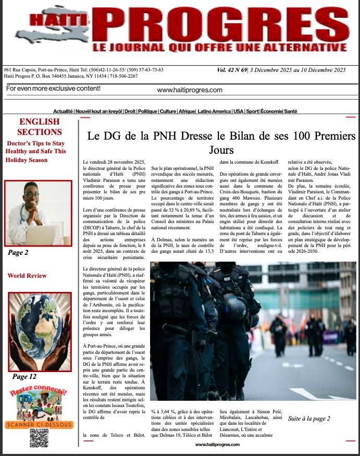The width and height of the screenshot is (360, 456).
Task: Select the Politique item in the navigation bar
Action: [x=147, y=112]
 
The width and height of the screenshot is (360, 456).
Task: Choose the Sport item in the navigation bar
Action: [x=252, y=112]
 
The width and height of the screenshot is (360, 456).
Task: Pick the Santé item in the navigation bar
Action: [x=291, y=112]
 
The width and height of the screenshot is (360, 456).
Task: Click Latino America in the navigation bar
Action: [x=214, y=112]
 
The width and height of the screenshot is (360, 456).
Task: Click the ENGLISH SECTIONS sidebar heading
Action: [x=40, y=127]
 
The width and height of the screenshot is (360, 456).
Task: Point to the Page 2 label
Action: [x=18, y=253]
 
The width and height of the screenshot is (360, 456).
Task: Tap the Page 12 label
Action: [x=24, y=376]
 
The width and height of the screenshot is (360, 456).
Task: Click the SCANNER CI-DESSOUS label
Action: [x=39, y=424]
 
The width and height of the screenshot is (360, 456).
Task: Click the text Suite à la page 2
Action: [x=309, y=418]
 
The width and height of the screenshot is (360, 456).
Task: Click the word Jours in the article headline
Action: [x=221, y=150]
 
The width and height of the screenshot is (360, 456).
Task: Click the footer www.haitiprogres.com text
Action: [x=217, y=445]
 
